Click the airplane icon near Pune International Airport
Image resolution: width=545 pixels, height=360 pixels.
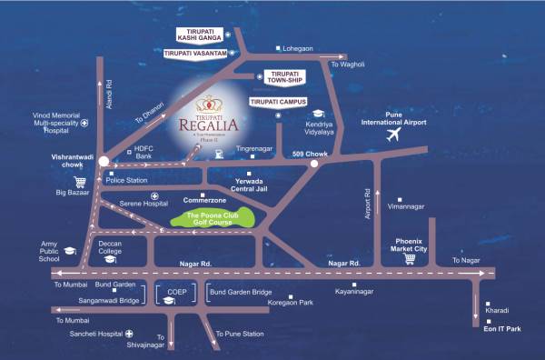pyautogui.click(x=393, y=135)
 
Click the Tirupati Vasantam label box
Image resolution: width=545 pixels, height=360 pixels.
pyautogui.click(x=194, y=55)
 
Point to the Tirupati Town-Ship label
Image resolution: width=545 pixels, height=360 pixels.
pyautogui.click(x=284, y=77)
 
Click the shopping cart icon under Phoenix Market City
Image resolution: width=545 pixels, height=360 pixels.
pyautogui.click(x=409, y=258)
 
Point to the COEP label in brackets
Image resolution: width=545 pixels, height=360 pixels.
pyautogui.click(x=177, y=294)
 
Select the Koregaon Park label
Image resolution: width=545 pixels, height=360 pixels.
pyautogui.click(x=312, y=301)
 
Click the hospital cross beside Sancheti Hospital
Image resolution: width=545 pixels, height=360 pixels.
pyautogui.click(x=129, y=334)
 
